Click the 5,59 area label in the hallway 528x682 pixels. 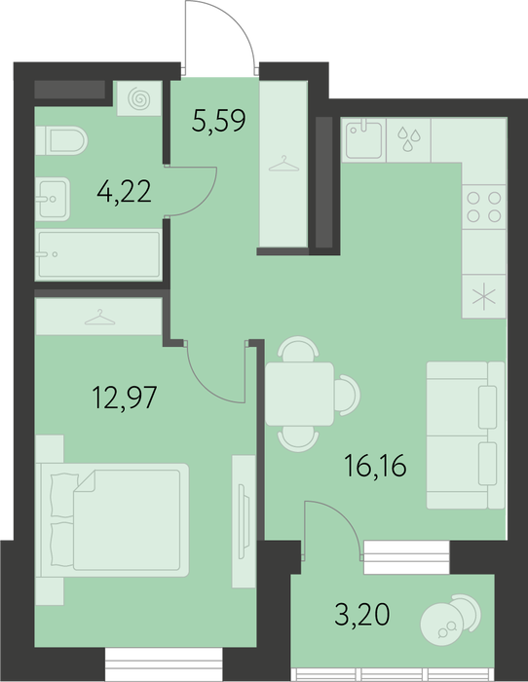[x=219, y=121]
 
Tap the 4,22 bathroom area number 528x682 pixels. [x=125, y=191]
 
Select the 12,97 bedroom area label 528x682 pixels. [x=125, y=398]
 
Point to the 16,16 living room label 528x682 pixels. [x=375, y=466]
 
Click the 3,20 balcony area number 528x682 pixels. [x=362, y=615]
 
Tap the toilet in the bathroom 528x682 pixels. [x=61, y=140]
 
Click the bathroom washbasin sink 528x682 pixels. [x=53, y=199]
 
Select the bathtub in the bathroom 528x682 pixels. [x=98, y=255]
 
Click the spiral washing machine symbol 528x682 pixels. [x=139, y=98]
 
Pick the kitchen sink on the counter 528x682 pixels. [x=364, y=139]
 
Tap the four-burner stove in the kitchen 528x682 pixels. [x=483, y=207]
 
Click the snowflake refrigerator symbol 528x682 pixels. [x=484, y=297]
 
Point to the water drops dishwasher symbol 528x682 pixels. [x=409, y=139]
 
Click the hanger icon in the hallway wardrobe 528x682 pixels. [x=284, y=164]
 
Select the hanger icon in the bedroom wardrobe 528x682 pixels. [x=99, y=317]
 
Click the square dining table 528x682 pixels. [x=300, y=394]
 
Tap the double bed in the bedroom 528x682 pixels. [x=115, y=519]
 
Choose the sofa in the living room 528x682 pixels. [x=466, y=435]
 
